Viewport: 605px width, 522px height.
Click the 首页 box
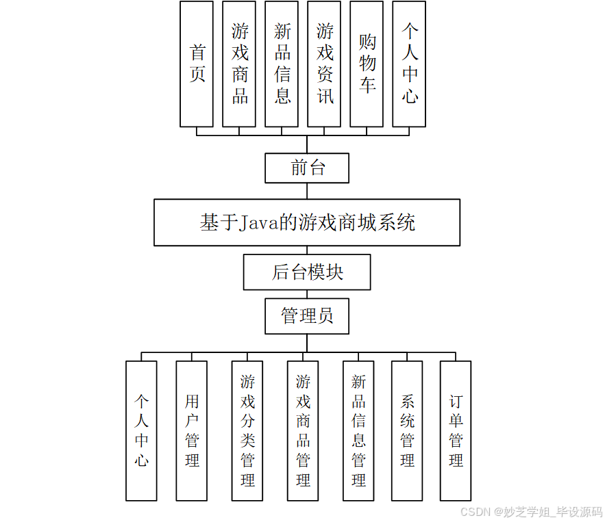tap(197, 64)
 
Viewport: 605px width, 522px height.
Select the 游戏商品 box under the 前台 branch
tap(239, 64)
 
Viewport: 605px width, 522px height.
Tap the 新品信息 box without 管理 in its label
tap(282, 64)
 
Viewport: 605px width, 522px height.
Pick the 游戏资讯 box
tap(324, 64)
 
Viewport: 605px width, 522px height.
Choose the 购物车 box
tap(367, 64)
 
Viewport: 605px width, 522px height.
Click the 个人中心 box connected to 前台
tap(409, 64)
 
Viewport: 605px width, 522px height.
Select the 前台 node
tap(307, 168)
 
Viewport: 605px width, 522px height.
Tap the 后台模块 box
tap(307, 272)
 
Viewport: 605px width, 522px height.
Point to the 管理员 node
tap(307, 315)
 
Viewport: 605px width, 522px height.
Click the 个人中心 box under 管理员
tap(141, 430)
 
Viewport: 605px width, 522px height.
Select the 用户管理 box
tap(192, 430)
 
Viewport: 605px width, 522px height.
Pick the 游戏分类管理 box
tap(247, 430)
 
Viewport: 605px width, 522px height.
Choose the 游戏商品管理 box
tap(303, 430)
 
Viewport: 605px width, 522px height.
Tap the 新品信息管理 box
tap(358, 430)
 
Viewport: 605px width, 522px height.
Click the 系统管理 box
tap(407, 430)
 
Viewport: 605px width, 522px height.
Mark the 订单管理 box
tap(456, 430)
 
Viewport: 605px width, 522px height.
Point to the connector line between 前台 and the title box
tap(307, 191)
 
